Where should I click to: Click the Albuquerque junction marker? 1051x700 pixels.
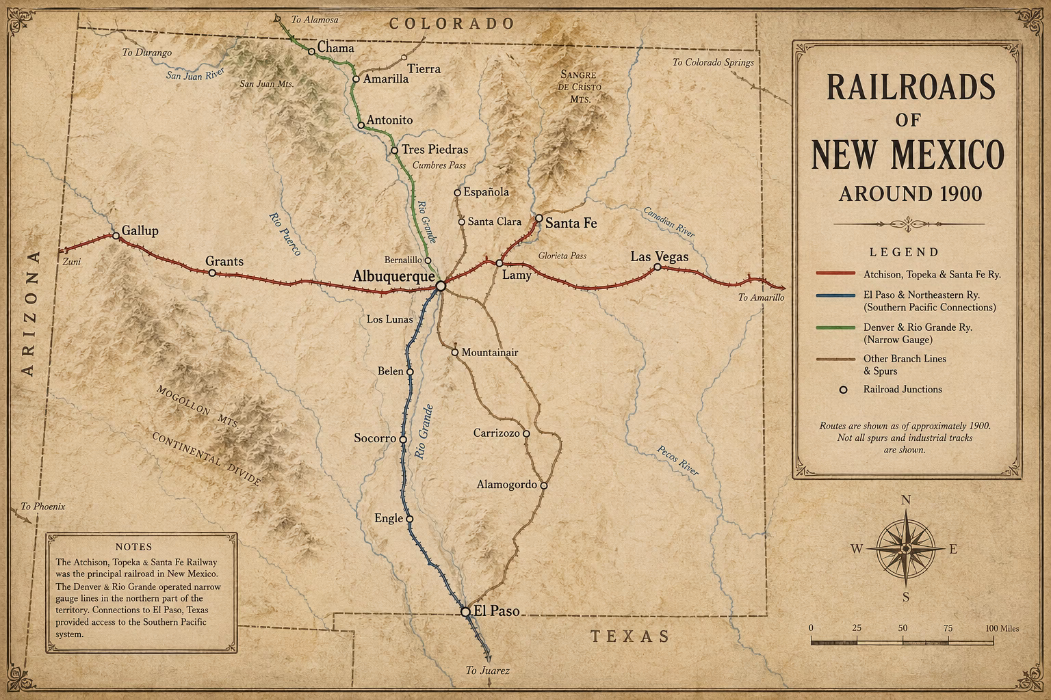pyautogui.click(x=441, y=286)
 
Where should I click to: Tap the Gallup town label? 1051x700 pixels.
pyautogui.click(x=140, y=230)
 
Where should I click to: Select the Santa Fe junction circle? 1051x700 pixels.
pyautogui.click(x=539, y=219)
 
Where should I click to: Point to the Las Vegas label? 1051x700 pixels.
pyautogui.click(x=659, y=256)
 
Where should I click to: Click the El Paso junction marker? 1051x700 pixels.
pyautogui.click(x=465, y=612)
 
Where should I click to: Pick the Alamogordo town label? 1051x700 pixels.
pyautogui.click(x=506, y=485)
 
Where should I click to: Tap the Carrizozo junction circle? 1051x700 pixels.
pyautogui.click(x=526, y=433)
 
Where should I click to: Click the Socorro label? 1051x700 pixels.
pyautogui.click(x=375, y=437)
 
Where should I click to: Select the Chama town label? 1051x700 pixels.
pyautogui.click(x=336, y=49)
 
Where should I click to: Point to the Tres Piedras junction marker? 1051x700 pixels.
pyautogui.click(x=394, y=150)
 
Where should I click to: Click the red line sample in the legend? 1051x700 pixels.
pyautogui.click(x=835, y=273)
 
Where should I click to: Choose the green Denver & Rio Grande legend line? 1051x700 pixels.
pyautogui.click(x=835, y=327)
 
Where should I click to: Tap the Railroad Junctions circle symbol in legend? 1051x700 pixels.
pyautogui.click(x=843, y=389)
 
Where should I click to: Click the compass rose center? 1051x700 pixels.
pyautogui.click(x=905, y=548)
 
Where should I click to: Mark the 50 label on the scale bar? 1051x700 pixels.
pyautogui.click(x=903, y=628)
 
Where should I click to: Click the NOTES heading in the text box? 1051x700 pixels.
pyautogui.click(x=134, y=547)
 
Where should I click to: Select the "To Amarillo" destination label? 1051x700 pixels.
pyautogui.click(x=761, y=297)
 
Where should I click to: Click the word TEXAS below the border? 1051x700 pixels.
pyautogui.click(x=630, y=636)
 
